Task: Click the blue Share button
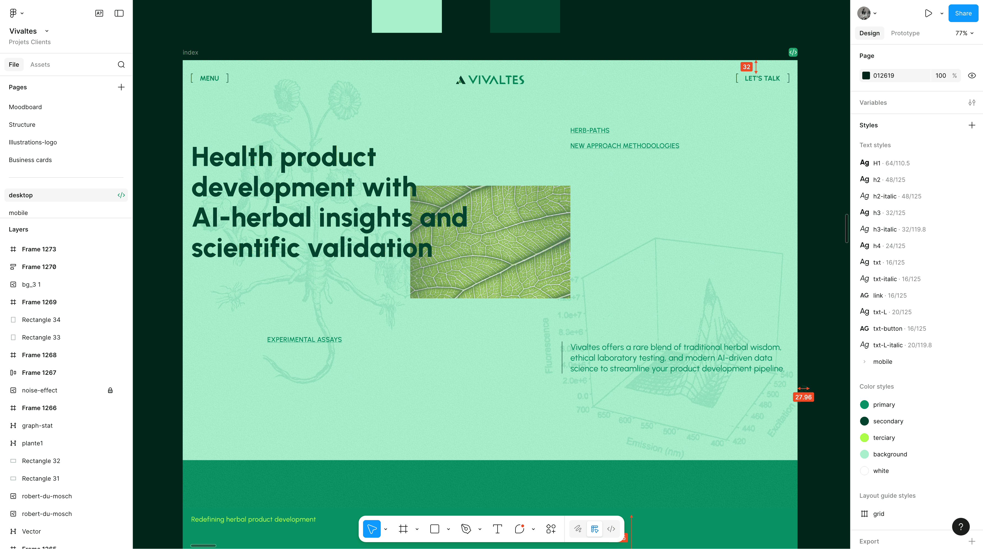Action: click(x=963, y=13)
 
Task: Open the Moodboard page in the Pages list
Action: click(x=25, y=107)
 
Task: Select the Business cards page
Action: click(x=30, y=160)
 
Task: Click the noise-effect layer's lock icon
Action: click(x=110, y=390)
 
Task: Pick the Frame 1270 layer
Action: click(x=39, y=267)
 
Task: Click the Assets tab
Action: click(x=40, y=64)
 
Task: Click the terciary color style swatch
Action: click(x=864, y=438)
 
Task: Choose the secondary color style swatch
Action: click(x=864, y=421)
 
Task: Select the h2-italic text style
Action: click(x=885, y=196)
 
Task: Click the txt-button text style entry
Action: click(x=888, y=329)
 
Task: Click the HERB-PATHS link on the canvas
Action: click(x=590, y=130)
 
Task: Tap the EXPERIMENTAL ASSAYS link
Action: click(x=304, y=340)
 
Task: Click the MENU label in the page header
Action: click(x=210, y=78)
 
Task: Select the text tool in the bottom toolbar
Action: click(x=497, y=529)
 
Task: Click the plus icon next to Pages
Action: click(x=121, y=87)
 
